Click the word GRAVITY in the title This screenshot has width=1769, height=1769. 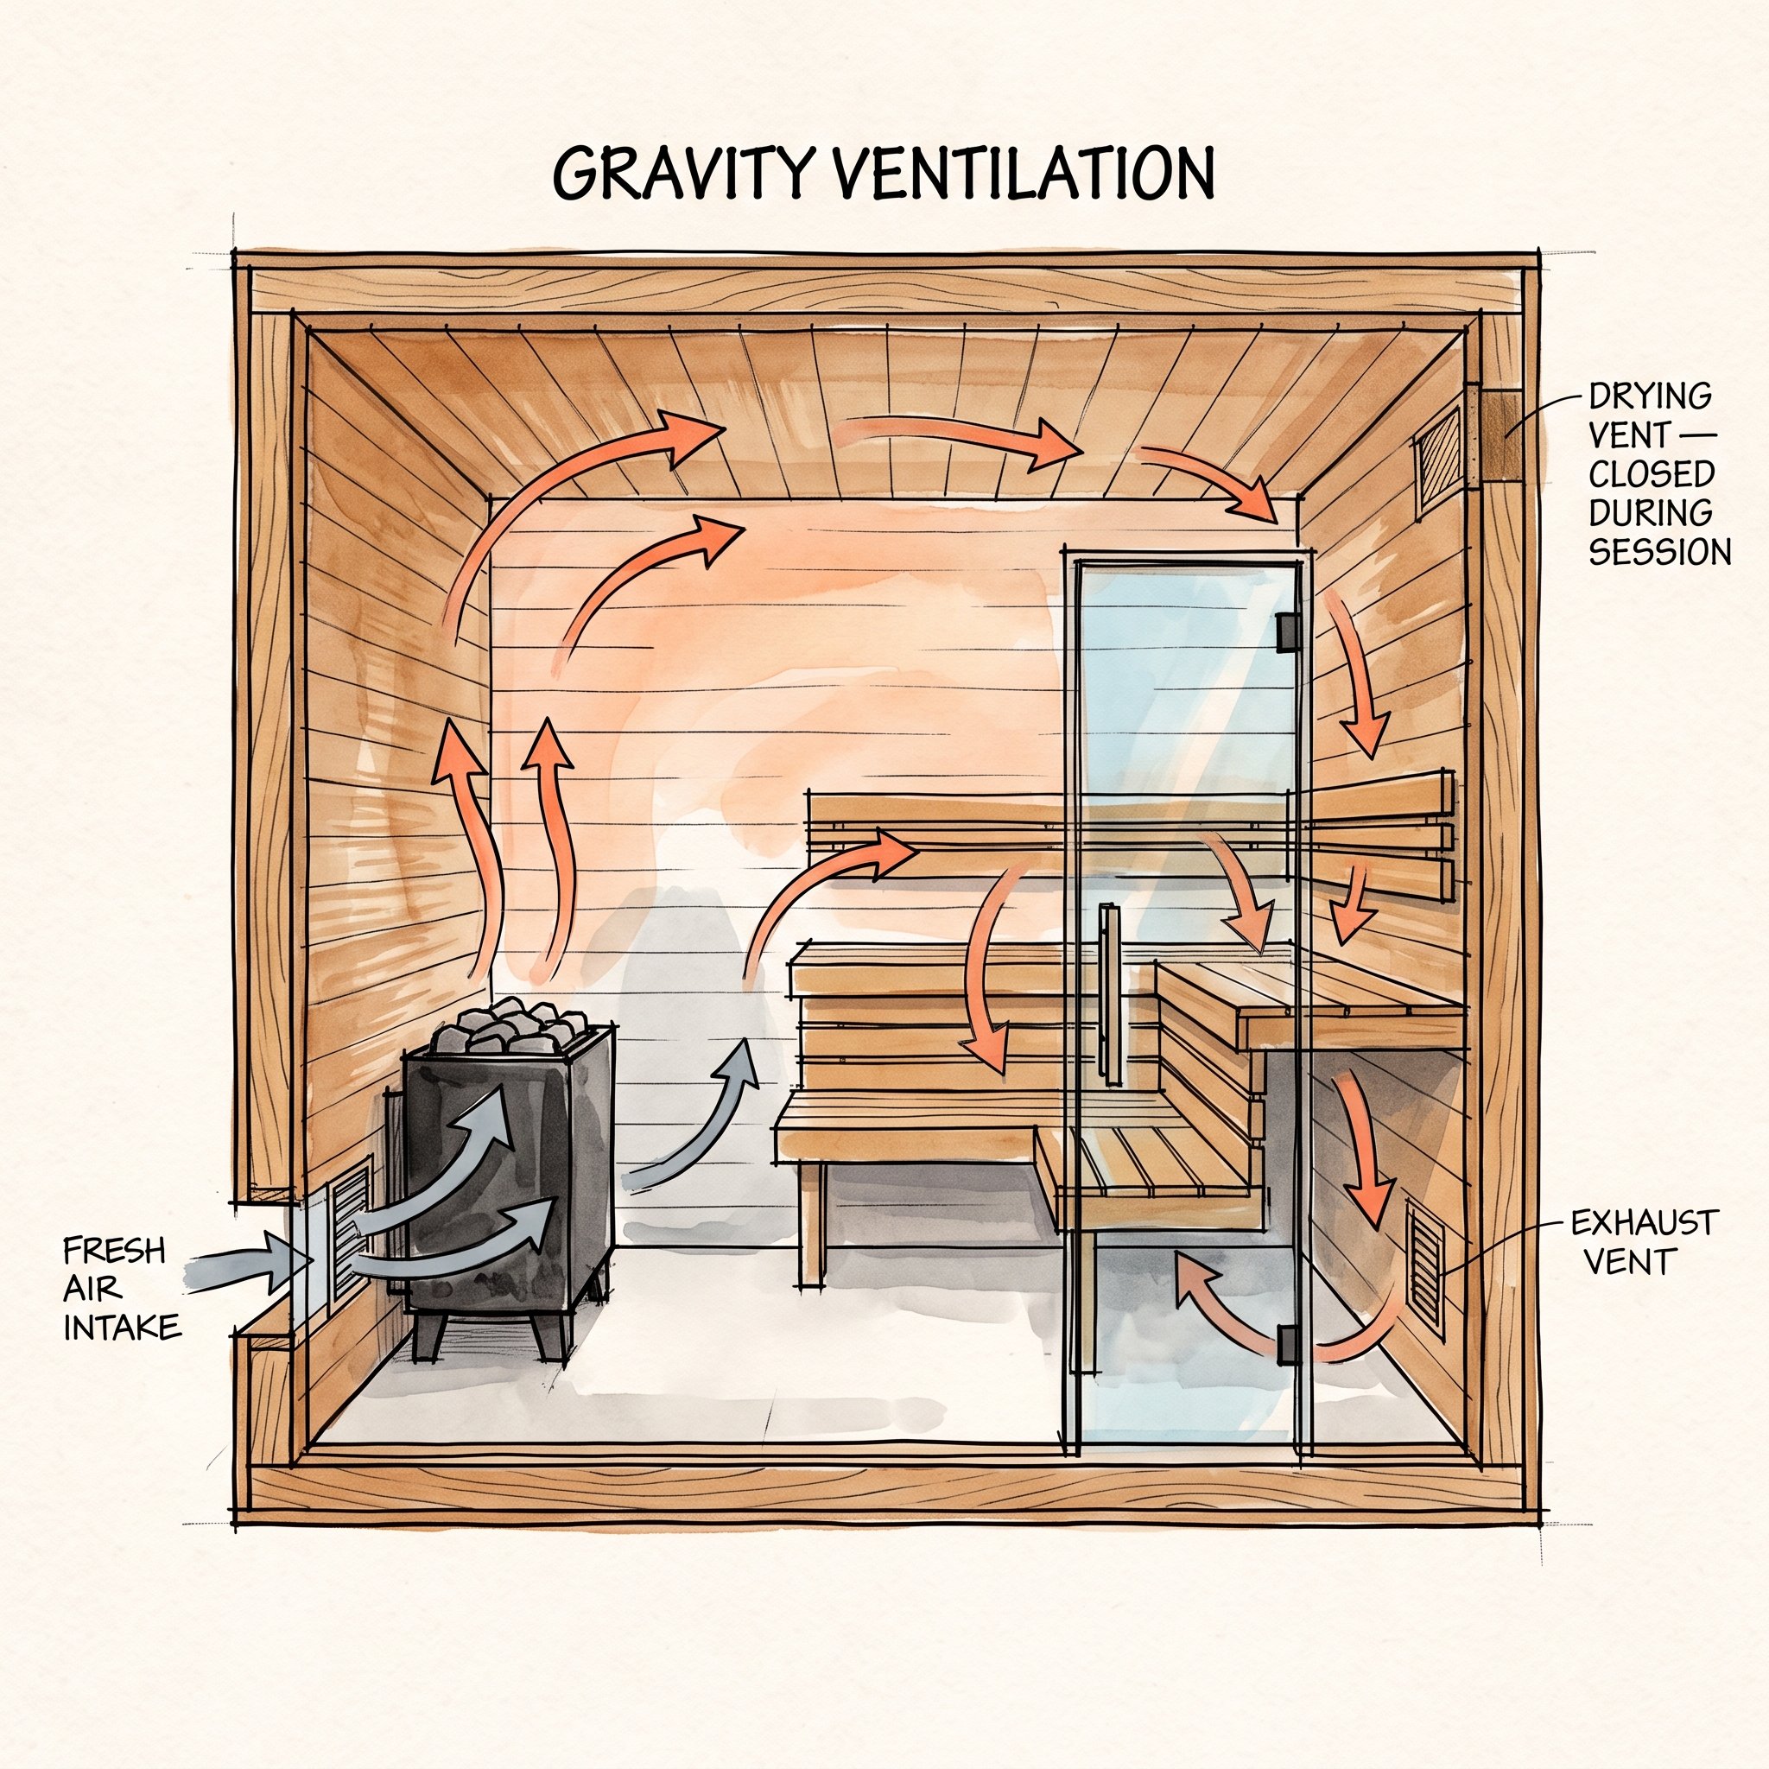click(682, 172)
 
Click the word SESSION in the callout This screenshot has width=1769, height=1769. click(1659, 552)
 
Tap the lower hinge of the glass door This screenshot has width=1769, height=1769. click(1287, 1343)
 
